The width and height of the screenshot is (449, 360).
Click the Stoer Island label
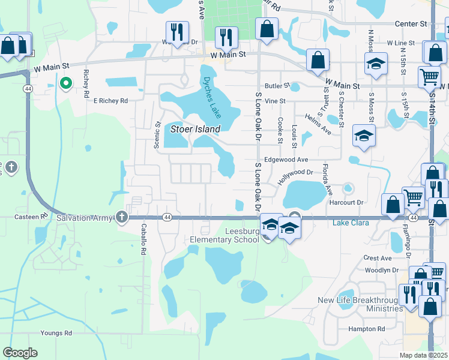(195, 128)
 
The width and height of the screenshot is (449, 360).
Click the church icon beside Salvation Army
(122, 217)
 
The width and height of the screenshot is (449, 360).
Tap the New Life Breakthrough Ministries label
(360, 304)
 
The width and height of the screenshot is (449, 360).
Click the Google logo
(20, 353)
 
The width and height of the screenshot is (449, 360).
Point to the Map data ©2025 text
(423, 355)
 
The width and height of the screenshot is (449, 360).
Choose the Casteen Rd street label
(35, 216)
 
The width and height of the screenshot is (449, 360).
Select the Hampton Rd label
(367, 329)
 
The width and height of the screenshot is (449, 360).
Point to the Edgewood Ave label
(286, 160)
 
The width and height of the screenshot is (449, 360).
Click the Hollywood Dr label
(296, 176)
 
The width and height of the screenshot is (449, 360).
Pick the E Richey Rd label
(110, 101)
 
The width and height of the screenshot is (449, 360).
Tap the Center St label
(411, 24)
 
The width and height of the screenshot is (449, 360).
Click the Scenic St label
(158, 135)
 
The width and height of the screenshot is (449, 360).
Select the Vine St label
(274, 101)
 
